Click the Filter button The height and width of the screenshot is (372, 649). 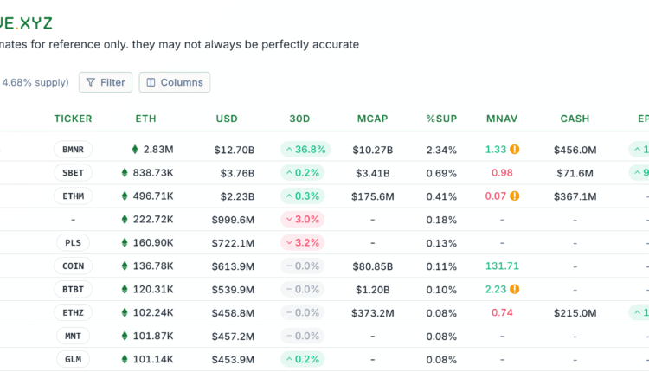[x=105, y=82]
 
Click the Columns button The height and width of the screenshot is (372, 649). [x=174, y=82]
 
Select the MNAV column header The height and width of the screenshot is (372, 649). [x=502, y=119]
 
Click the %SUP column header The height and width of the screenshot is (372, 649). [x=441, y=119]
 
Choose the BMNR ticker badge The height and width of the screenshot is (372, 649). [x=73, y=150]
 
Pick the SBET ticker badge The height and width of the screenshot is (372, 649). [x=73, y=173]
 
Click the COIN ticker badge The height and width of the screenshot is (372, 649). [x=73, y=266]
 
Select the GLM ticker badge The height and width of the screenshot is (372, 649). [x=73, y=359]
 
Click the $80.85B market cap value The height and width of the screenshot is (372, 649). [x=373, y=266]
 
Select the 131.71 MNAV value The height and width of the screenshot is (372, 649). [x=502, y=266]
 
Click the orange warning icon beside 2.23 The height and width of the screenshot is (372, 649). [x=515, y=289]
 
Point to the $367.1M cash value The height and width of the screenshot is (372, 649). [x=575, y=196]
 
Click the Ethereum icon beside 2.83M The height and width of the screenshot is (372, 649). [x=135, y=150]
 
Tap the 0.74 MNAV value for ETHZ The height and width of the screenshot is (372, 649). [x=502, y=312]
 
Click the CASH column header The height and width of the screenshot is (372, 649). [x=575, y=119]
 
